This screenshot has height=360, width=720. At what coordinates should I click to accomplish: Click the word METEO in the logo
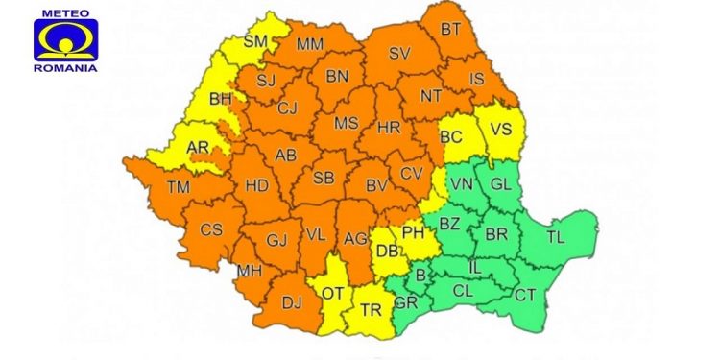click(x=65, y=14)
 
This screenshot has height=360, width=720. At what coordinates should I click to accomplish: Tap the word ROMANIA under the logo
click(x=65, y=67)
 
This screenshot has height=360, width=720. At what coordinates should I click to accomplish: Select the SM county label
click(x=255, y=40)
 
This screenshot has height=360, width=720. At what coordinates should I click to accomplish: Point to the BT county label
click(x=450, y=30)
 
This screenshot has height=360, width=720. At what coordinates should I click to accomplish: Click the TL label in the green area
click(x=556, y=234)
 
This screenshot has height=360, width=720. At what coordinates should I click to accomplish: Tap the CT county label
click(x=525, y=295)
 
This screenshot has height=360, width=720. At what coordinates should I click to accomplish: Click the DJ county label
click(x=291, y=302)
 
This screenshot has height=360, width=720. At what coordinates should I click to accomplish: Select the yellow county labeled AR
click(x=197, y=148)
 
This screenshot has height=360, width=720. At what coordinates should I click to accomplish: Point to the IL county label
click(x=475, y=265)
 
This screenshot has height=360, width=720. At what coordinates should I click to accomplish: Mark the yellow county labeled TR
click(x=370, y=309)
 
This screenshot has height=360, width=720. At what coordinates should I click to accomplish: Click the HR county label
click(x=389, y=127)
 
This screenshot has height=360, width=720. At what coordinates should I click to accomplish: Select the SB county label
click(x=324, y=179)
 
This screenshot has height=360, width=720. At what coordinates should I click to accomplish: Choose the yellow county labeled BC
click(x=451, y=137)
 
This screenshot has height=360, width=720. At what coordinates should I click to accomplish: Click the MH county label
click(x=249, y=271)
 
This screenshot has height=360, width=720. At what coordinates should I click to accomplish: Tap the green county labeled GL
click(x=501, y=183)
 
